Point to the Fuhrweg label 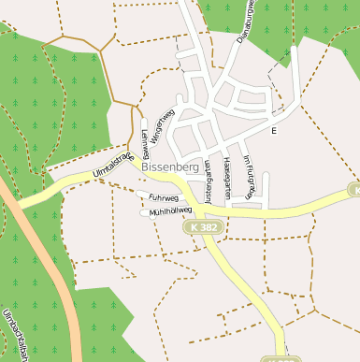tap(163, 198)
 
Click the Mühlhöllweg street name tap(170, 212)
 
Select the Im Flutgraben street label tap(248, 177)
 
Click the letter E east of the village tap(274, 131)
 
